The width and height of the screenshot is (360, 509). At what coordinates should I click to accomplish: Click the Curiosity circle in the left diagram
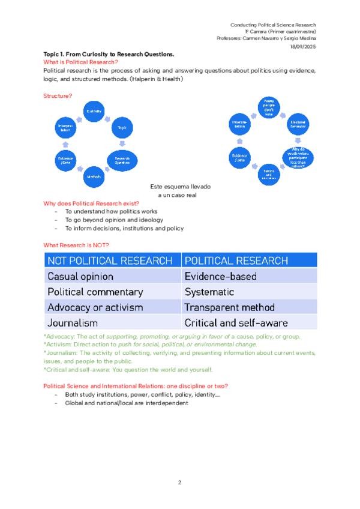(x=94, y=112)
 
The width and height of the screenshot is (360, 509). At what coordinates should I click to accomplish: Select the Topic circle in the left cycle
(x=121, y=127)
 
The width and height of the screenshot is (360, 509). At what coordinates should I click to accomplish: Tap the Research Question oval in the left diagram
(x=122, y=160)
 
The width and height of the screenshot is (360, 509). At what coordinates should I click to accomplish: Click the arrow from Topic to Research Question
(x=122, y=143)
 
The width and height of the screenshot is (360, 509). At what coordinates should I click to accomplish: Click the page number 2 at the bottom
(x=179, y=482)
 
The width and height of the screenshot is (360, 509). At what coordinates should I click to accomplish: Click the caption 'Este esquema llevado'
(x=180, y=187)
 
